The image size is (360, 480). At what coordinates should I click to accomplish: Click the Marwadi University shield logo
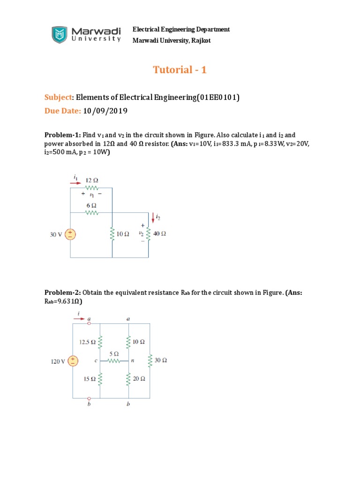(x=60, y=35)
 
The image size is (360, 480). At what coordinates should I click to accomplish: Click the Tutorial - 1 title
(x=180, y=70)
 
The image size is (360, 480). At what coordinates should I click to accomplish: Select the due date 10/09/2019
(x=105, y=111)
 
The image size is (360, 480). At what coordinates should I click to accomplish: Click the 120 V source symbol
(x=73, y=361)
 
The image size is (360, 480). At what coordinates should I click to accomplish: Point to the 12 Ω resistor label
(x=92, y=180)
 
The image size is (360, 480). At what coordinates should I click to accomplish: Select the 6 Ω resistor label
(x=91, y=205)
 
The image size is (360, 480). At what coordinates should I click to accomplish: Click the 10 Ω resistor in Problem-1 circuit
(x=112, y=233)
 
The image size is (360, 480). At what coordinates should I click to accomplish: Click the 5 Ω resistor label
(x=114, y=353)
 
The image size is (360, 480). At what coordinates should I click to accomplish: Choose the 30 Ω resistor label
(x=161, y=360)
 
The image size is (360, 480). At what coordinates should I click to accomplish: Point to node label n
(x=132, y=361)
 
